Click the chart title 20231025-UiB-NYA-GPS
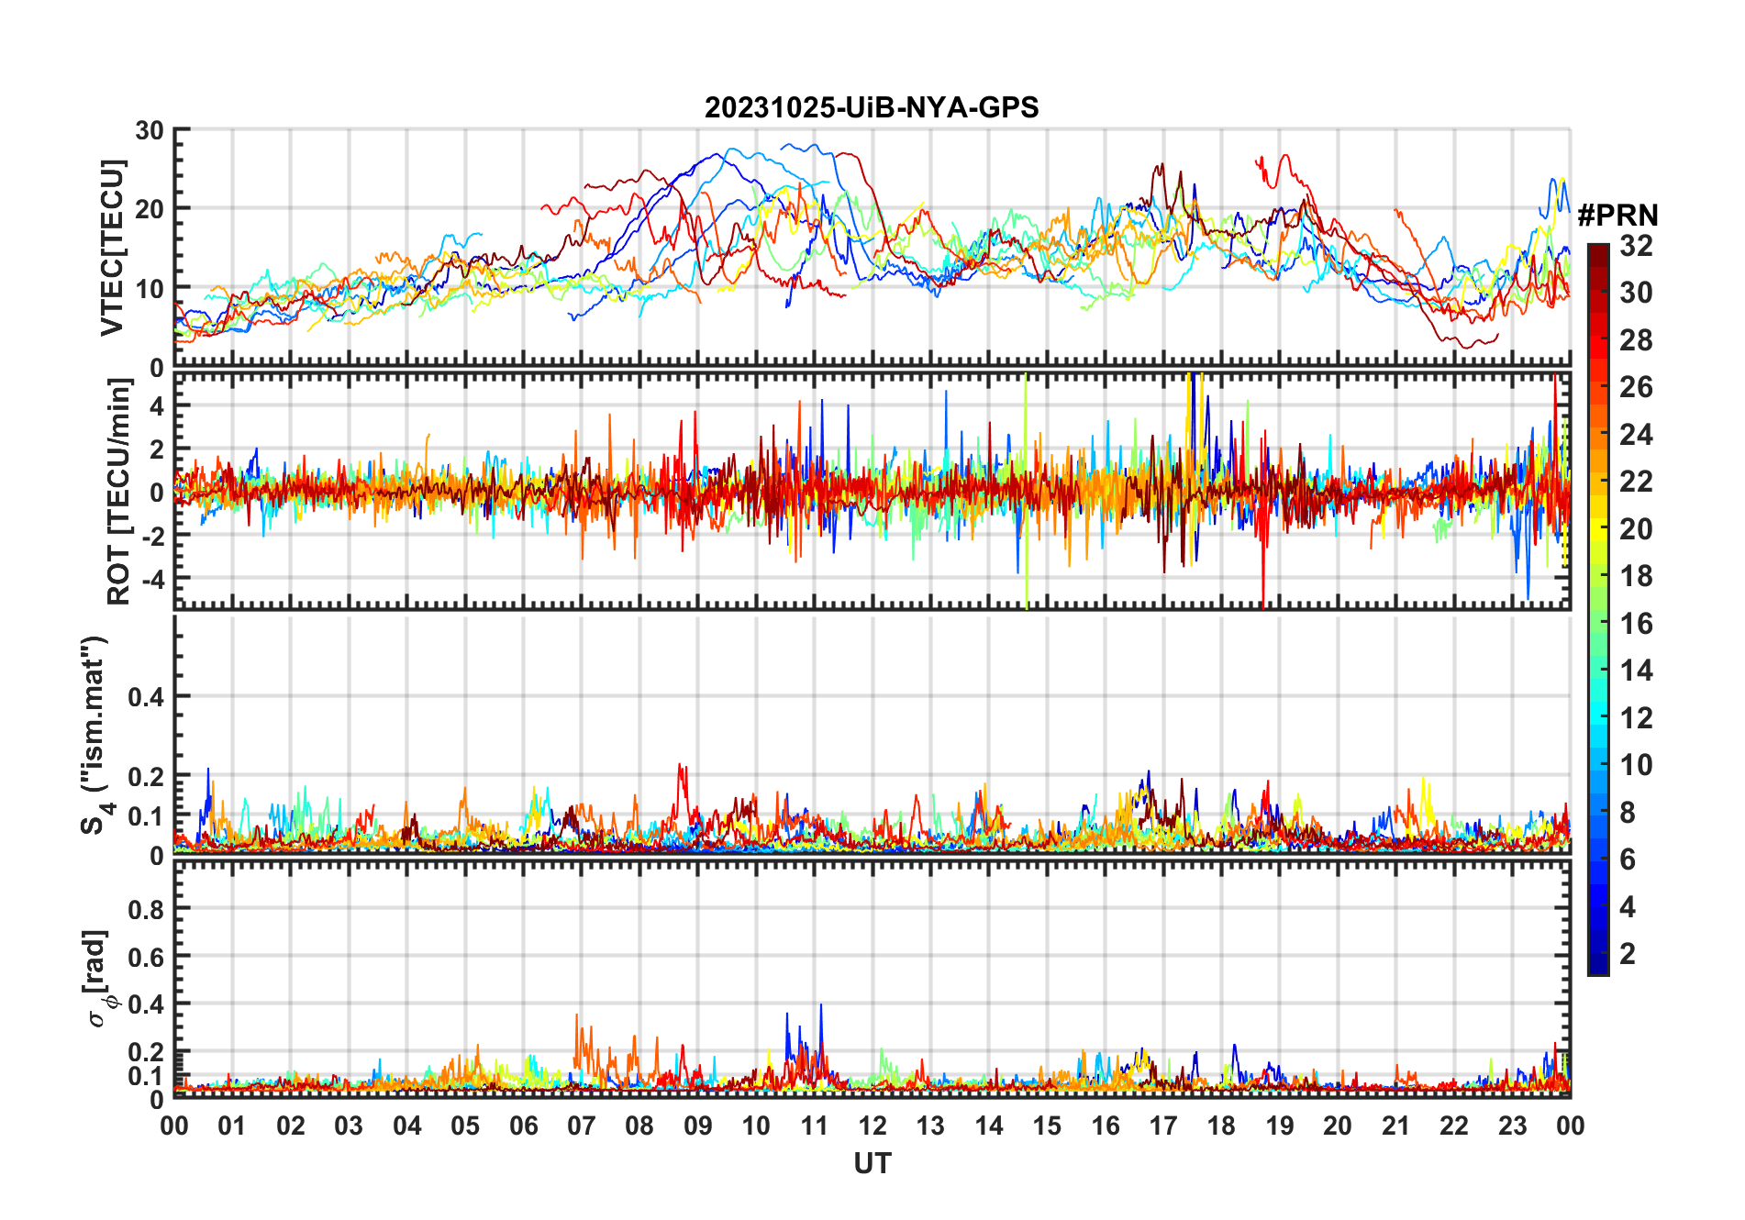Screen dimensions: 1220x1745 [x=872, y=108]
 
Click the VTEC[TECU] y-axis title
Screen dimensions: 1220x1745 [x=112, y=248]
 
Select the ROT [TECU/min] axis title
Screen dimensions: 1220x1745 [x=118, y=492]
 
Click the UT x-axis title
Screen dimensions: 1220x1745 [x=872, y=1163]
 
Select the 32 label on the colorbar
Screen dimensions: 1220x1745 [x=1636, y=246]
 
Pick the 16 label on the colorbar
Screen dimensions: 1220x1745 [x=1636, y=624]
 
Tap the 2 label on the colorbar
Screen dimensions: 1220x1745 [x=1628, y=954]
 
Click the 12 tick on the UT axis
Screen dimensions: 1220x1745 [x=872, y=1126]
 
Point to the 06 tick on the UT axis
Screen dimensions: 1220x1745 [x=524, y=1126]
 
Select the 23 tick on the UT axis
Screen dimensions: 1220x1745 [x=1512, y=1126]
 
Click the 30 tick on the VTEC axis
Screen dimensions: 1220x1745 [x=150, y=130]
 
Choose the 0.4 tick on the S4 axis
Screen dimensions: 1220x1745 [x=146, y=696]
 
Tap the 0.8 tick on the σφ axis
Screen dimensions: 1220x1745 [x=146, y=909]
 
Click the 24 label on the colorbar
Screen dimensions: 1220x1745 [x=1636, y=435]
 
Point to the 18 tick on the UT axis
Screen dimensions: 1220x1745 [x=1221, y=1126]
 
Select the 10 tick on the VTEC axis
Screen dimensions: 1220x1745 [x=150, y=288]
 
